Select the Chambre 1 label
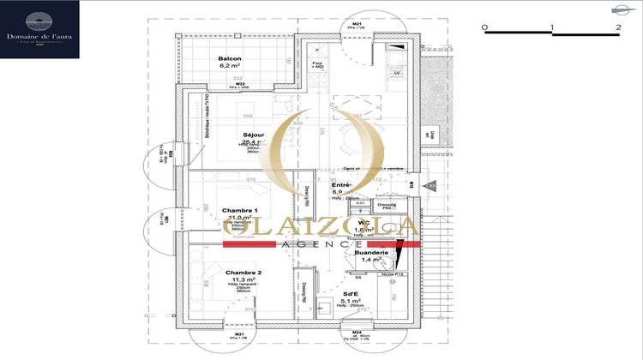pyautogui.click(x=239, y=210)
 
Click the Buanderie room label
pyautogui.click(x=372, y=252)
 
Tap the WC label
pyautogui.click(x=364, y=222)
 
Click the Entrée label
pyautogui.click(x=344, y=185)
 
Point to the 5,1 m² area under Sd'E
pyautogui.click(x=352, y=301)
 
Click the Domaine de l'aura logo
pyautogui.click(x=40, y=30)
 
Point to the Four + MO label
pyautogui.click(x=318, y=63)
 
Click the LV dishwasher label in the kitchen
pyautogui.click(x=396, y=74)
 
